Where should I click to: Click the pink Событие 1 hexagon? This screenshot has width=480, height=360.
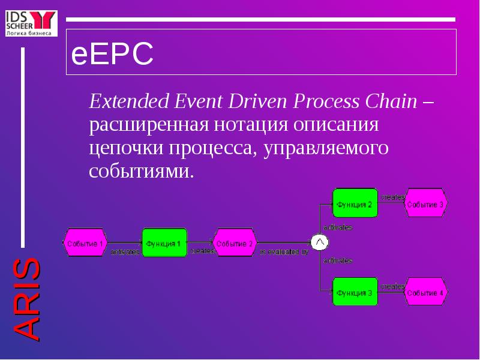(x=85, y=243)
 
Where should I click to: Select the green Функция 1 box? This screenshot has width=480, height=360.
(x=164, y=243)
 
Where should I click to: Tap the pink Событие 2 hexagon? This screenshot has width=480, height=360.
(x=235, y=243)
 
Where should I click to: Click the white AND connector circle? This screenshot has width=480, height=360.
(x=319, y=242)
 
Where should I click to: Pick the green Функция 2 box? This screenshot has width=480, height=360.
(x=355, y=204)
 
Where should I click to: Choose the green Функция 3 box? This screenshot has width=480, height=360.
(x=355, y=292)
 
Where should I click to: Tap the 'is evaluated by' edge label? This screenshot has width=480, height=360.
(x=284, y=253)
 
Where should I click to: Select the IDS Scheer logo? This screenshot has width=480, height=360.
(x=30, y=22)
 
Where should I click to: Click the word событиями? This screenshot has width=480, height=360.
(x=142, y=171)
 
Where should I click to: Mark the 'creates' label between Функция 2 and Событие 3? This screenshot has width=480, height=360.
(x=392, y=197)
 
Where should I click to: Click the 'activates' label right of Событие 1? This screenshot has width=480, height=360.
(x=125, y=253)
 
